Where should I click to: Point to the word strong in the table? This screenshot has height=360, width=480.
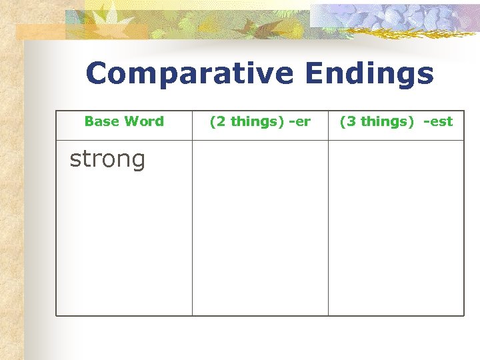coord(107,160)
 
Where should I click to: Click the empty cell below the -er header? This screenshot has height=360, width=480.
coord(260,227)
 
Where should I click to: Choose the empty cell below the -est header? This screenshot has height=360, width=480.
coord(396,227)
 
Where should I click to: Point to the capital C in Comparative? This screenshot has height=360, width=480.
coord(97,74)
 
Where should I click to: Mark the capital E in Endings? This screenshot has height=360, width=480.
coord(316,74)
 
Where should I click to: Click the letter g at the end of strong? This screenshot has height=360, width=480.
coord(137,162)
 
